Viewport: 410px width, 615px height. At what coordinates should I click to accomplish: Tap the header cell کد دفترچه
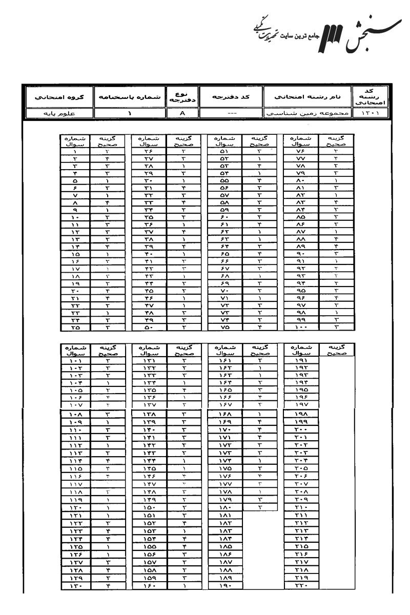[x=230, y=96]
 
